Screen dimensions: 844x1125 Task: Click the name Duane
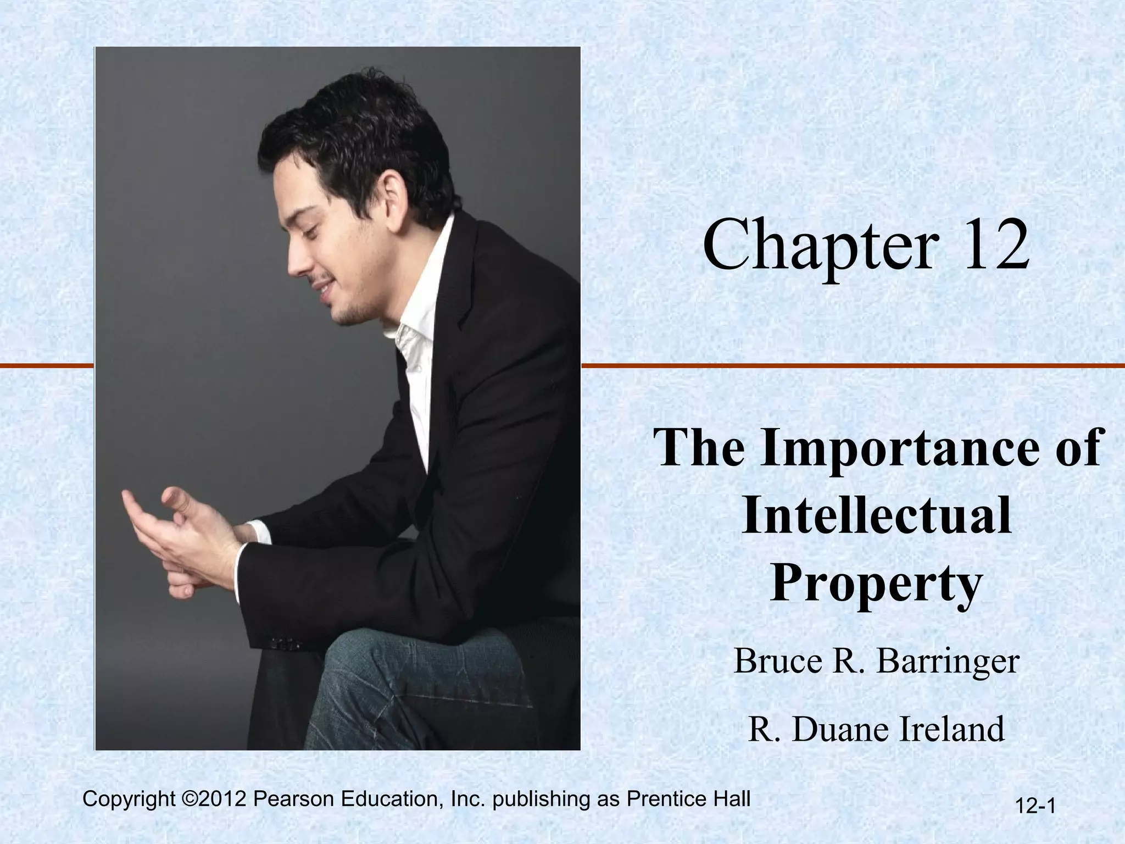840,729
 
